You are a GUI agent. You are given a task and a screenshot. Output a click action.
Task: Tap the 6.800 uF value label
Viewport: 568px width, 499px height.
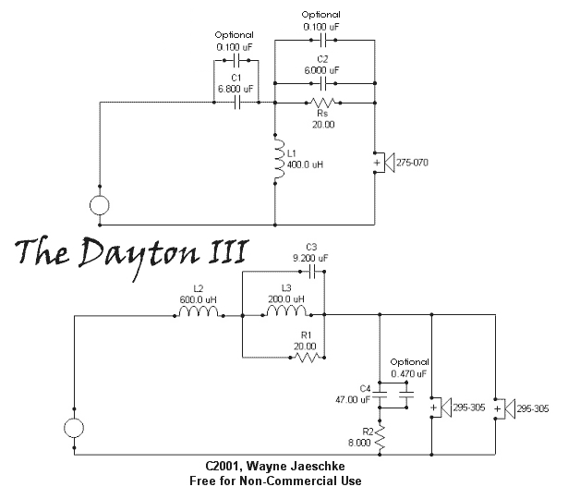236,89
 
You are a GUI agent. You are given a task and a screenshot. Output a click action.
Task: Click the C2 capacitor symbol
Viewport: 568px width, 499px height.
321,81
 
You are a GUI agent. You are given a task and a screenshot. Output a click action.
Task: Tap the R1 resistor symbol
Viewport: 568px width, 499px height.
304,357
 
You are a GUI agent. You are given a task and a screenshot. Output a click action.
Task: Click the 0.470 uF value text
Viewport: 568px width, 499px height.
410,373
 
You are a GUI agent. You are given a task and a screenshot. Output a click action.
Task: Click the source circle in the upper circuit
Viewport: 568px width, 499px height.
100,205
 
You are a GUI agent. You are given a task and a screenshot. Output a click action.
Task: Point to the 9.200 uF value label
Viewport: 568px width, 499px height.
310,258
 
